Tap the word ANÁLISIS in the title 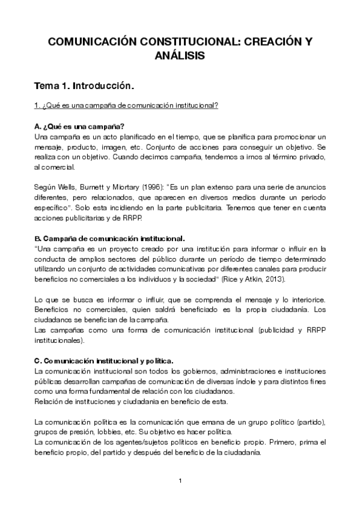coord(180,55)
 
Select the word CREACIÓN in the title coord(268,41)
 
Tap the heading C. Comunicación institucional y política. coord(104,361)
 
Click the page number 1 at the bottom coord(180,481)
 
